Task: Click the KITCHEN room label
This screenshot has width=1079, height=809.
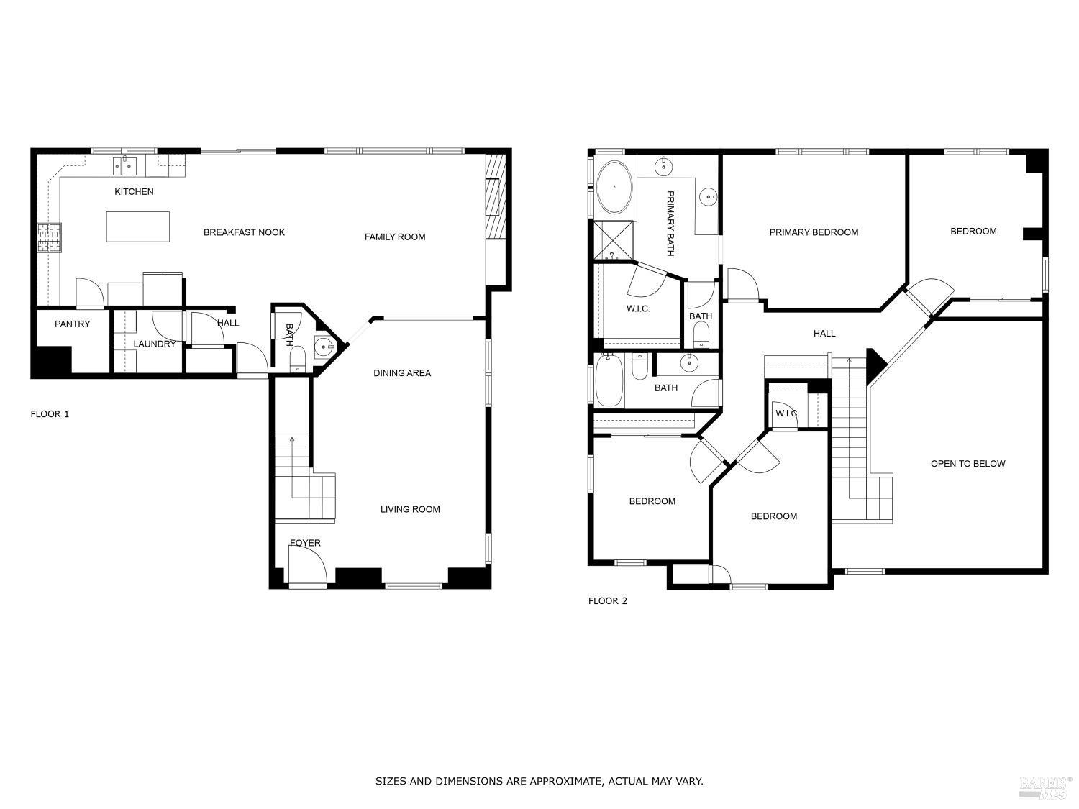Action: click(x=134, y=192)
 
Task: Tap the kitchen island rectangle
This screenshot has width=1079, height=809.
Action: click(x=138, y=227)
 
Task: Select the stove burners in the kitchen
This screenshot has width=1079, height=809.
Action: click(x=50, y=237)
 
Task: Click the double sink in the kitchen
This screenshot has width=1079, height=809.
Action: click(x=125, y=167)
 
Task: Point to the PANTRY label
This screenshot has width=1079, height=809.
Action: click(x=73, y=324)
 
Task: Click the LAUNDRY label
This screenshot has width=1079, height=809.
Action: click(x=154, y=344)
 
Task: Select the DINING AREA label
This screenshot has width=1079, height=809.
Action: click(x=402, y=373)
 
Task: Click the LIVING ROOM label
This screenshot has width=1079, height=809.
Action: click(x=410, y=510)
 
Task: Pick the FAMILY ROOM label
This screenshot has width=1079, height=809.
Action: click(x=394, y=237)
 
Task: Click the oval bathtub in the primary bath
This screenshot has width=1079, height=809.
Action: click(x=614, y=187)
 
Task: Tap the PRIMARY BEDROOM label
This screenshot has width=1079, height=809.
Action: click(x=814, y=232)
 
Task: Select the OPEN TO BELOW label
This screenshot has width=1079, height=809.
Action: click(x=968, y=464)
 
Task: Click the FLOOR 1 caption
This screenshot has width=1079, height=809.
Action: click(x=50, y=414)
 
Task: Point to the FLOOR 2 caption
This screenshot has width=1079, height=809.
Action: click(x=608, y=601)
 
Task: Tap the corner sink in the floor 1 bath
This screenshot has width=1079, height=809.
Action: click(x=324, y=347)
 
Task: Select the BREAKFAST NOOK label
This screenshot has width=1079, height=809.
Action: click(x=244, y=232)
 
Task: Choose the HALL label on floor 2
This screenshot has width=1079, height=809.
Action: click(x=824, y=334)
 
